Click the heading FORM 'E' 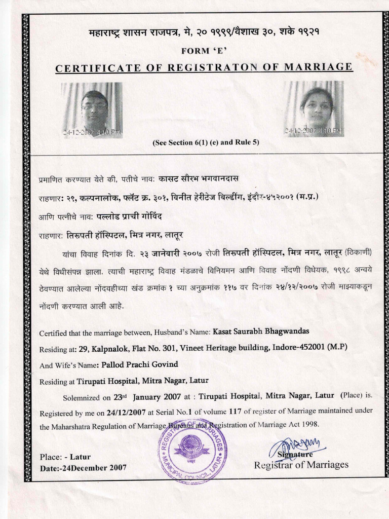[x=201, y=51]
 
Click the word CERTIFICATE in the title [x=94, y=67]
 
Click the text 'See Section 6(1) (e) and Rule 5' [x=206, y=142]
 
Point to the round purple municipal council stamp [x=192, y=448]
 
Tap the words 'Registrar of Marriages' [x=301, y=465]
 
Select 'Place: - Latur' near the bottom [x=64, y=457]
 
